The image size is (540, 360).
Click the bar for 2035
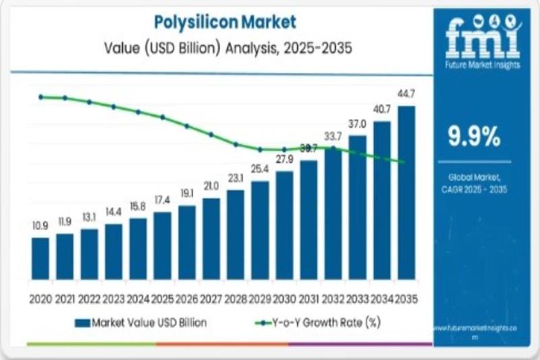pyautogui.click(x=406, y=192)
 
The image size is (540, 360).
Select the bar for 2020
pyautogui.click(x=40, y=258)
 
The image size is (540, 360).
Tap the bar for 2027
pyautogui.click(x=211, y=238)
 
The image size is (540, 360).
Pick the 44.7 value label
pyautogui.click(x=406, y=93)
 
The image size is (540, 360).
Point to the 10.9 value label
pyautogui.click(x=40, y=224)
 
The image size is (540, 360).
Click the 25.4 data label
pyautogui.click(x=260, y=168)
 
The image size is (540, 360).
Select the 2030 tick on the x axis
pyautogui.click(x=284, y=298)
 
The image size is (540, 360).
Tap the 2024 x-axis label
pyautogui.click(x=138, y=298)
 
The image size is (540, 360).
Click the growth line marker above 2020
pyautogui.click(x=40, y=97)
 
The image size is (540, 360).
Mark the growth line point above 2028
pyautogui.click(x=236, y=144)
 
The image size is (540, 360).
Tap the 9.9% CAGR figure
pyautogui.click(x=475, y=137)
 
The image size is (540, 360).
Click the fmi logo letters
pyautogui.click(x=475, y=37)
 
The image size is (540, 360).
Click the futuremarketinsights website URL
pyautogui.click(x=475, y=328)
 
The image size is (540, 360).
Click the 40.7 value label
pyautogui.click(x=382, y=109)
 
